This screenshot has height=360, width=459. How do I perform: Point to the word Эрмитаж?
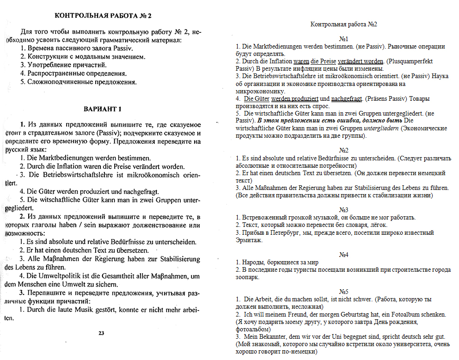tap(249, 240)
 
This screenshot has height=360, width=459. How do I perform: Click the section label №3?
tap(343, 210)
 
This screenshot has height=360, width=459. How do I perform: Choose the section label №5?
tap(343, 292)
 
